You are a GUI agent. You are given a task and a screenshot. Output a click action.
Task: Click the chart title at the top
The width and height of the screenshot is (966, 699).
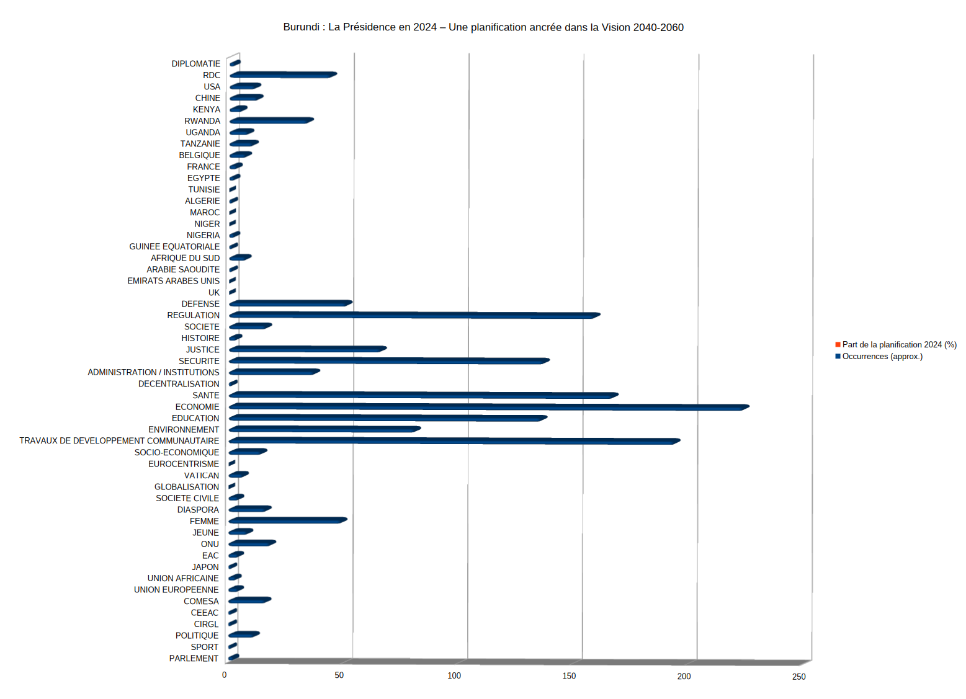483,27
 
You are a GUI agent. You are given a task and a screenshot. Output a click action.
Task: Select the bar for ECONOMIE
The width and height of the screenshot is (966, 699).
489,407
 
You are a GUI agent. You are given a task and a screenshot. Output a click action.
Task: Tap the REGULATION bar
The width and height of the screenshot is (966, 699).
414,315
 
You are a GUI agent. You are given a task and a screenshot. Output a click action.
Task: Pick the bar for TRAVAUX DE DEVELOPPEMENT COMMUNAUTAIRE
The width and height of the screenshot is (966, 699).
454,441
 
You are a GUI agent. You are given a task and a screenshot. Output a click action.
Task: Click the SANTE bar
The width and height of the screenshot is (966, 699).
424,395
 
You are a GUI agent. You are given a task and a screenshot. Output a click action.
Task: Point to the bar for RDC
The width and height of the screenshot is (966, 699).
283,75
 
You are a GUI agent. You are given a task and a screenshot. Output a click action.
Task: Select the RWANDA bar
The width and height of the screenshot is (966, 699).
271,120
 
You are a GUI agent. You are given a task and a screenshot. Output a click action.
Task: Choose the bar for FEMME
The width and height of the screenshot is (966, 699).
288,520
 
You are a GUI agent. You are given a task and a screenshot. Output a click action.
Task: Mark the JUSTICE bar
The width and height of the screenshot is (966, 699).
308,349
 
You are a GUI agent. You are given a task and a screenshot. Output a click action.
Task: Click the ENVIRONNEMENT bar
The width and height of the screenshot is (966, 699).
324,429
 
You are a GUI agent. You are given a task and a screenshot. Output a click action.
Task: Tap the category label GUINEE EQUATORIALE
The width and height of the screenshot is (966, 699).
174,247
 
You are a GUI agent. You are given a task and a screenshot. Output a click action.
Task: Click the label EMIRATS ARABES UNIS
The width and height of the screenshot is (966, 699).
174,281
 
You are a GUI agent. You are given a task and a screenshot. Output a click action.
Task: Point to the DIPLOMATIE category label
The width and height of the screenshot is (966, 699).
196,64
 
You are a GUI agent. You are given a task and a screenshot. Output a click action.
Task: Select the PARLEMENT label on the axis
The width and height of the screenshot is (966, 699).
194,659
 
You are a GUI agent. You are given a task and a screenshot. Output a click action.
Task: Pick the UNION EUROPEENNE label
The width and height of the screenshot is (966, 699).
176,590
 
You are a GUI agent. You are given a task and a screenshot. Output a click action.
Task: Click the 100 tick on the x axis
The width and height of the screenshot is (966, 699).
454,675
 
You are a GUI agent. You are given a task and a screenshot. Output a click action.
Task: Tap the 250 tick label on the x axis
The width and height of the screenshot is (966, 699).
798,677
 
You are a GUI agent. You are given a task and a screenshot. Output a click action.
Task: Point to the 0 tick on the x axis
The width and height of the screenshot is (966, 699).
225,675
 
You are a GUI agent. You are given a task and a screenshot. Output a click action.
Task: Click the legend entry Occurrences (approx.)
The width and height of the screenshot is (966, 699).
882,357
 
